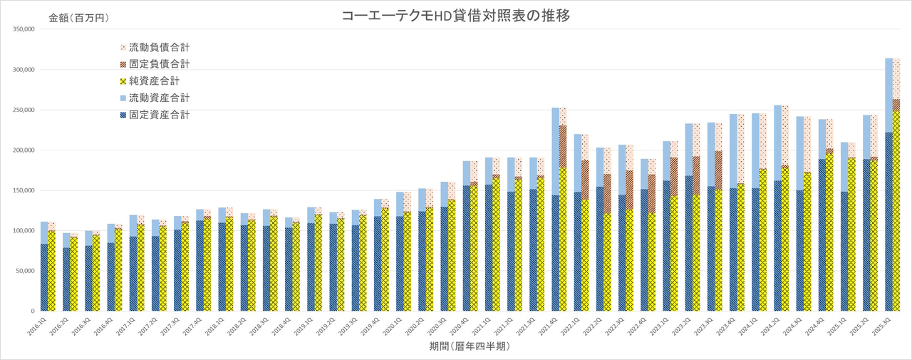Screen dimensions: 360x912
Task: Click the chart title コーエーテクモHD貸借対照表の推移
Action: click(x=457, y=16)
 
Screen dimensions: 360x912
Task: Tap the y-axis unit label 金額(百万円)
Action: click(x=79, y=18)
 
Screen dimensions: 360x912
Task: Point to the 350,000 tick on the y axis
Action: click(x=24, y=30)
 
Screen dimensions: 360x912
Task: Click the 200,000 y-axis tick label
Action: click(x=24, y=150)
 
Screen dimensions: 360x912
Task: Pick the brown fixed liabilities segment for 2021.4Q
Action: click(x=563, y=146)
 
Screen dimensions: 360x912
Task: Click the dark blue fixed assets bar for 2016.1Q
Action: click(x=45, y=277)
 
